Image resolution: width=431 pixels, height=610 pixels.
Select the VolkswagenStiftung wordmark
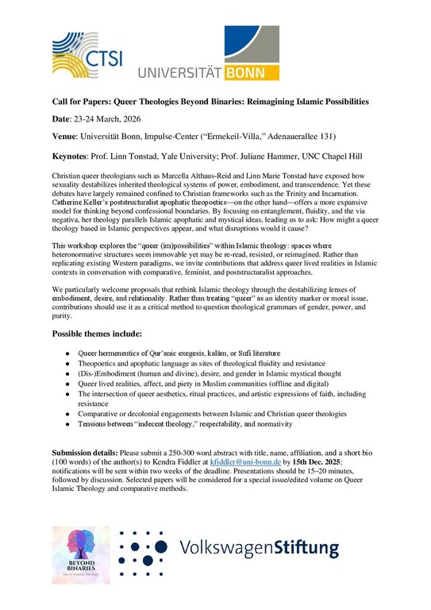pos(260,548)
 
